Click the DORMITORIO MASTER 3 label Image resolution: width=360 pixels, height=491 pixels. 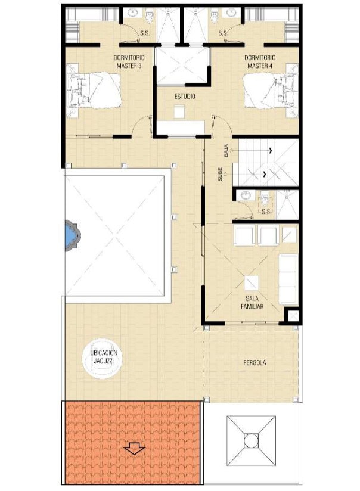point(129,62)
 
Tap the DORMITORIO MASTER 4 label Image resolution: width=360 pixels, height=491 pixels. point(260,62)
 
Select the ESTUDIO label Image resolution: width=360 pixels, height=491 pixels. point(185,97)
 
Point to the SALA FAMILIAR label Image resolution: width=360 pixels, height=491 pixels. point(252,303)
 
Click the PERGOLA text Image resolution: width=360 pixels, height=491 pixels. point(255,363)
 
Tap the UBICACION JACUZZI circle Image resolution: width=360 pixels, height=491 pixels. point(102,359)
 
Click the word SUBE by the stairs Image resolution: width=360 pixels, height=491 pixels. point(221,174)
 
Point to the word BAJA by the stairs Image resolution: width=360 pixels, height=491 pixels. point(226,150)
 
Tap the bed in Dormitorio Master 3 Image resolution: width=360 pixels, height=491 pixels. point(94,91)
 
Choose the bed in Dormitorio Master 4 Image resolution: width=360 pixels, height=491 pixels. point(270,91)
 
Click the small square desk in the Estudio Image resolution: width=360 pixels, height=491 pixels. point(179,112)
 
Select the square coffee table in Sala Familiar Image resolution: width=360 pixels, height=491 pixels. point(252,283)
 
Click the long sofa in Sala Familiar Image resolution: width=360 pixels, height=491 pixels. point(288,279)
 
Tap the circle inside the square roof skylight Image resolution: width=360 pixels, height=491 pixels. point(251,440)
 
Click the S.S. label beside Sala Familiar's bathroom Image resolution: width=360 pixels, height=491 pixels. point(266,212)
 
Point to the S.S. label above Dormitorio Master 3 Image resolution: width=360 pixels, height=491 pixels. point(145,33)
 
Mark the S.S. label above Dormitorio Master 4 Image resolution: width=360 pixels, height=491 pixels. point(223,33)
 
